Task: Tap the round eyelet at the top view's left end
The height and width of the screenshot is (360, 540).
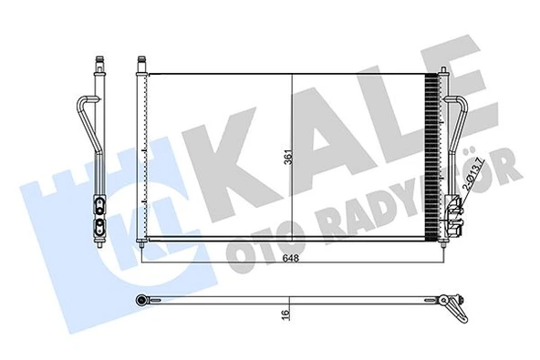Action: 144,299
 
